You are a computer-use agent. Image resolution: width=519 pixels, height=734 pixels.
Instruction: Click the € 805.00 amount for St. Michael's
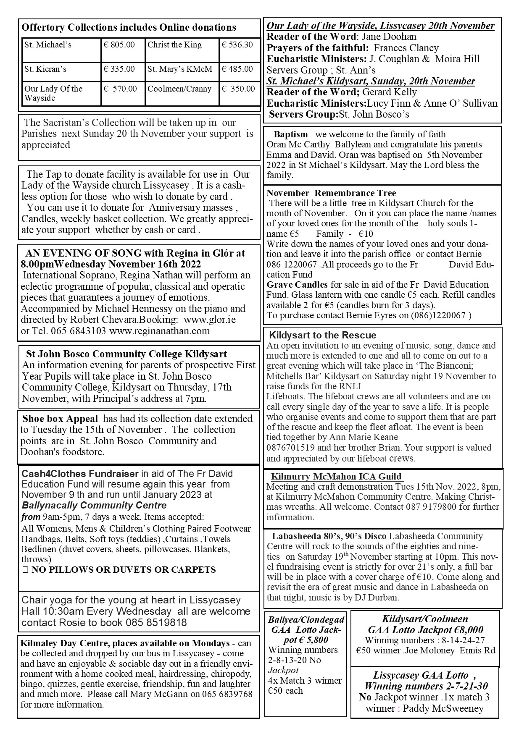point(119,45)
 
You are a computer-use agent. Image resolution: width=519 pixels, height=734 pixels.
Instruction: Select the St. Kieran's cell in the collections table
point(45,69)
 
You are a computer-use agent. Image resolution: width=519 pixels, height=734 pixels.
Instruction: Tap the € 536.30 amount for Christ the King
point(237,45)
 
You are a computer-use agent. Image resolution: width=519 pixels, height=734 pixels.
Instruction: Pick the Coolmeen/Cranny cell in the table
point(179,89)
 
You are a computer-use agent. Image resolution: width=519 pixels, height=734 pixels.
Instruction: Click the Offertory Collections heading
point(129,28)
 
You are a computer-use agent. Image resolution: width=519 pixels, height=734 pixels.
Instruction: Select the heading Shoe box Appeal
point(60,419)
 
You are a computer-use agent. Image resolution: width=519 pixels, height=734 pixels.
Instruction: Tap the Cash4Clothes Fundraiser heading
point(80,474)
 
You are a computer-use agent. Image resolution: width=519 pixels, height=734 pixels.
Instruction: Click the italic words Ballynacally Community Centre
point(94,505)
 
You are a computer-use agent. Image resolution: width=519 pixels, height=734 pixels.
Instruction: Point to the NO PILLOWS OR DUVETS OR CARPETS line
point(124,570)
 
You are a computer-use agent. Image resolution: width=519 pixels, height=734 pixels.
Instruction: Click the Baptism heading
point(290,135)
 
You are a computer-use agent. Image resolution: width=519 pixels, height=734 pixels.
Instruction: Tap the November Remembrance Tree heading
point(331,193)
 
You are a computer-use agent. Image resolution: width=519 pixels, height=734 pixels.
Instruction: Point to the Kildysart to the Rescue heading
point(322,335)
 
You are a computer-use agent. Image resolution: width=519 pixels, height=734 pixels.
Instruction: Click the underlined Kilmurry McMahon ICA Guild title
point(337,477)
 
